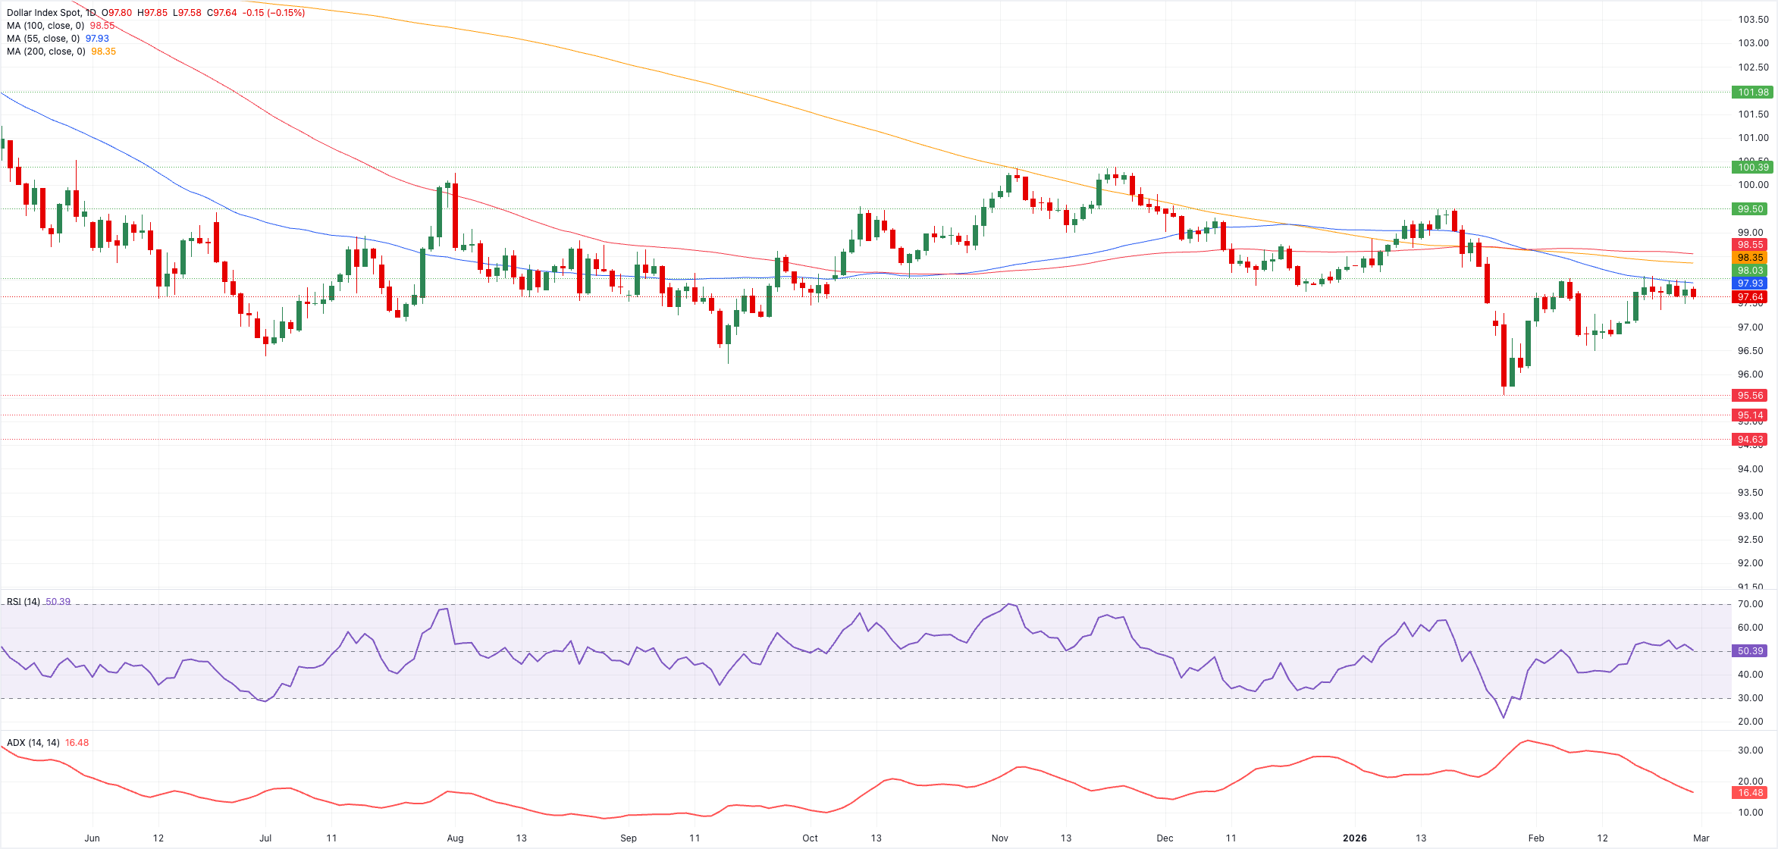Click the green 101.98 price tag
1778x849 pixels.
(1752, 92)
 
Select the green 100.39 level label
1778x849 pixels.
(1752, 168)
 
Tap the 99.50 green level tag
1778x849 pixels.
(1752, 209)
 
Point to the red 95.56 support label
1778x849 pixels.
(1752, 396)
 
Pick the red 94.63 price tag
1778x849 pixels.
(1752, 440)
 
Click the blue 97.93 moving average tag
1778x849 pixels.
(1752, 284)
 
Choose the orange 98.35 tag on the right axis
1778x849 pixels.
(1752, 258)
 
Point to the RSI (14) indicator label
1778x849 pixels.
(24, 602)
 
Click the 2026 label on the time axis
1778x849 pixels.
(1354, 838)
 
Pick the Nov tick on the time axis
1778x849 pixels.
(1000, 838)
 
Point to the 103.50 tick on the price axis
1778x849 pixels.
(1753, 20)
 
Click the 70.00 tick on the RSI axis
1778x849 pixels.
(1751, 604)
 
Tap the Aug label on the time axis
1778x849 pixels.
(455, 838)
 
